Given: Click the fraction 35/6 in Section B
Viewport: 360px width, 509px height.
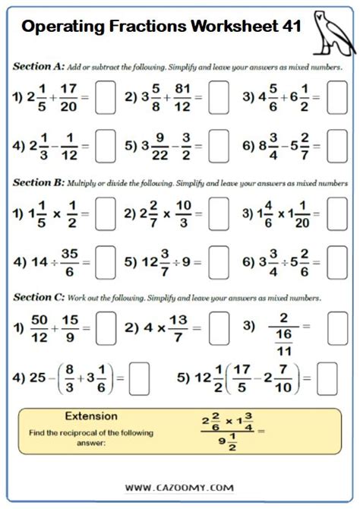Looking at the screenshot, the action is (69, 262).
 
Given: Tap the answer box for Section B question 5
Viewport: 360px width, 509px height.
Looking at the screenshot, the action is (218, 261).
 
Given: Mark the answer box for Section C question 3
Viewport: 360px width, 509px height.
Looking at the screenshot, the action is (337, 327).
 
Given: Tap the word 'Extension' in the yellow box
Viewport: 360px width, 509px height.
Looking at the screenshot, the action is (91, 416).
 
